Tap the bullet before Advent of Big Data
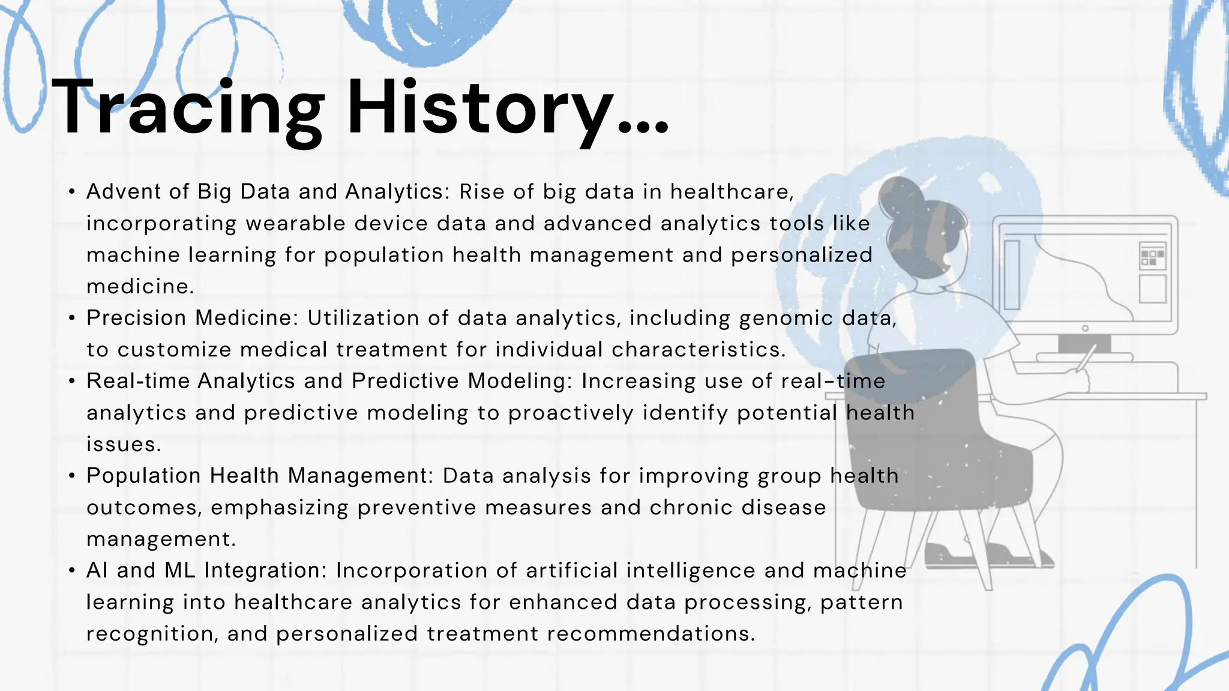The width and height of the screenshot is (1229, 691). (72, 192)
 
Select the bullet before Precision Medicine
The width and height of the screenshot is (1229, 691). (72, 318)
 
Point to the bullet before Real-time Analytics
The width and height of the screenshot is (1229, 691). (72, 381)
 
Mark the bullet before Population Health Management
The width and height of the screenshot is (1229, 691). (72, 476)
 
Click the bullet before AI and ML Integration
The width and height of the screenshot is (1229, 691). (72, 570)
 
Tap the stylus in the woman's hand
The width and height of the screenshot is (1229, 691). (1086, 358)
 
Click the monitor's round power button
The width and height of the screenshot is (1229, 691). (1085, 328)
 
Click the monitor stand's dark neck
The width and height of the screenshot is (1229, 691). (1084, 344)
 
